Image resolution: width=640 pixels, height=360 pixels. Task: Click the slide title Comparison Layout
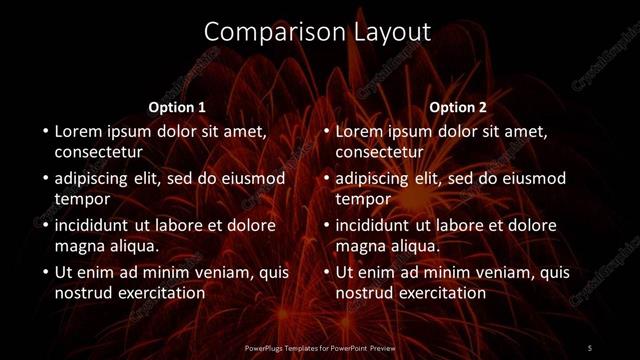click(317, 32)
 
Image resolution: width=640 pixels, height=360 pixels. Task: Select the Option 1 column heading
click(177, 106)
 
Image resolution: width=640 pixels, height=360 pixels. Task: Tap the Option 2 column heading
click(458, 106)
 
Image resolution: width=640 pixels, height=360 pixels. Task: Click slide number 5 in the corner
click(590, 347)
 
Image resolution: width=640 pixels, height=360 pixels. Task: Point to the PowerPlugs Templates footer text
click(318, 348)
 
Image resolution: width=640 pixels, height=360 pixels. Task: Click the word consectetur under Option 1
click(98, 153)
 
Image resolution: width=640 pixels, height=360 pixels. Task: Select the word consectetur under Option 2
click(379, 153)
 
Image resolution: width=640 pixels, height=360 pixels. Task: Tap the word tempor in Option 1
click(81, 199)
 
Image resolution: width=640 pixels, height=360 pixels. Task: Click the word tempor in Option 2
click(362, 199)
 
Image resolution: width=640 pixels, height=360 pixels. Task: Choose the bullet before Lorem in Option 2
click(325, 132)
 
